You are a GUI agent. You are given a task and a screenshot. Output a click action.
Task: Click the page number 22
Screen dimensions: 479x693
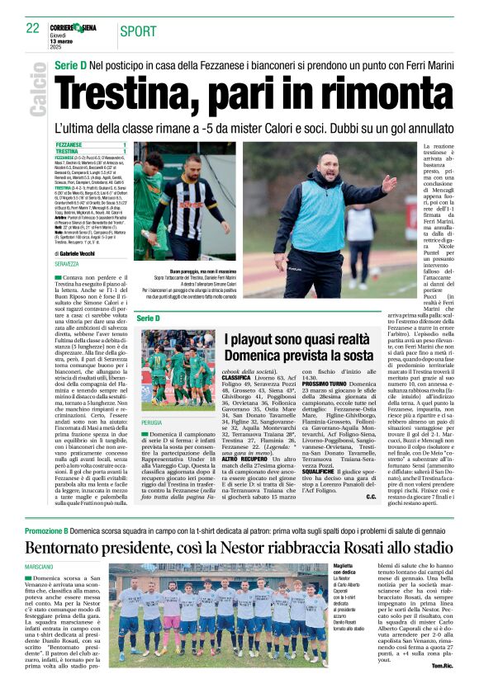[x=33, y=27]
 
